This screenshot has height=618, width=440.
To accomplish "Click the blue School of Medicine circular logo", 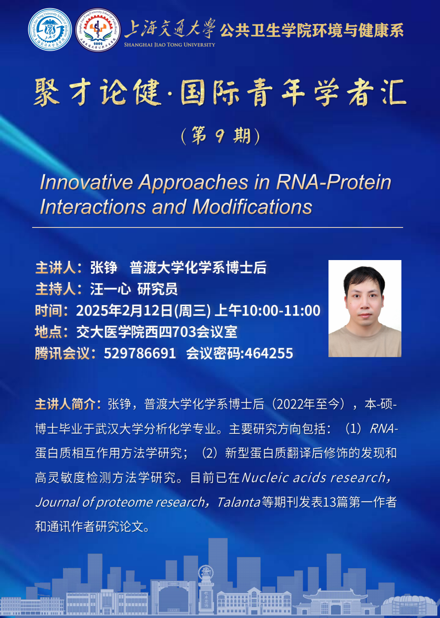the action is click(50, 30).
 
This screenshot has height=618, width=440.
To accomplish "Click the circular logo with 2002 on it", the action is click(98, 30).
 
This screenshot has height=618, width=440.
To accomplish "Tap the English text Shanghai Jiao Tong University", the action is click(169, 45).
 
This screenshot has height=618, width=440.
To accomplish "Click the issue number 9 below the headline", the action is click(220, 136).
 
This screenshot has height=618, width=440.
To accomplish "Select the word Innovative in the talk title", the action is click(86, 182).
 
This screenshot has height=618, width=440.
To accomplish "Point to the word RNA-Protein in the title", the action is click(334, 182).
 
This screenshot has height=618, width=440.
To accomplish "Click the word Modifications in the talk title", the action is click(252, 207).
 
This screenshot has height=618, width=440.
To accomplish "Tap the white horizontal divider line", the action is click(217, 227).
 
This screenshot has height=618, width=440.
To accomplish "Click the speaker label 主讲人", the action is click(55, 268).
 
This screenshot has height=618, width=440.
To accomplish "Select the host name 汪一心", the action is click(111, 289).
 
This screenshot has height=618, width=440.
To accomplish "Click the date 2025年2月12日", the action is click(124, 310).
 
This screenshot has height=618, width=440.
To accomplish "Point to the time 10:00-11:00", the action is click(281, 310).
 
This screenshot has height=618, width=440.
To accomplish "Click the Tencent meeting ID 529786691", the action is click(140, 354).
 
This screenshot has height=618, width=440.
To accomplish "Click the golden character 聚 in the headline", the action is click(46, 92).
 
